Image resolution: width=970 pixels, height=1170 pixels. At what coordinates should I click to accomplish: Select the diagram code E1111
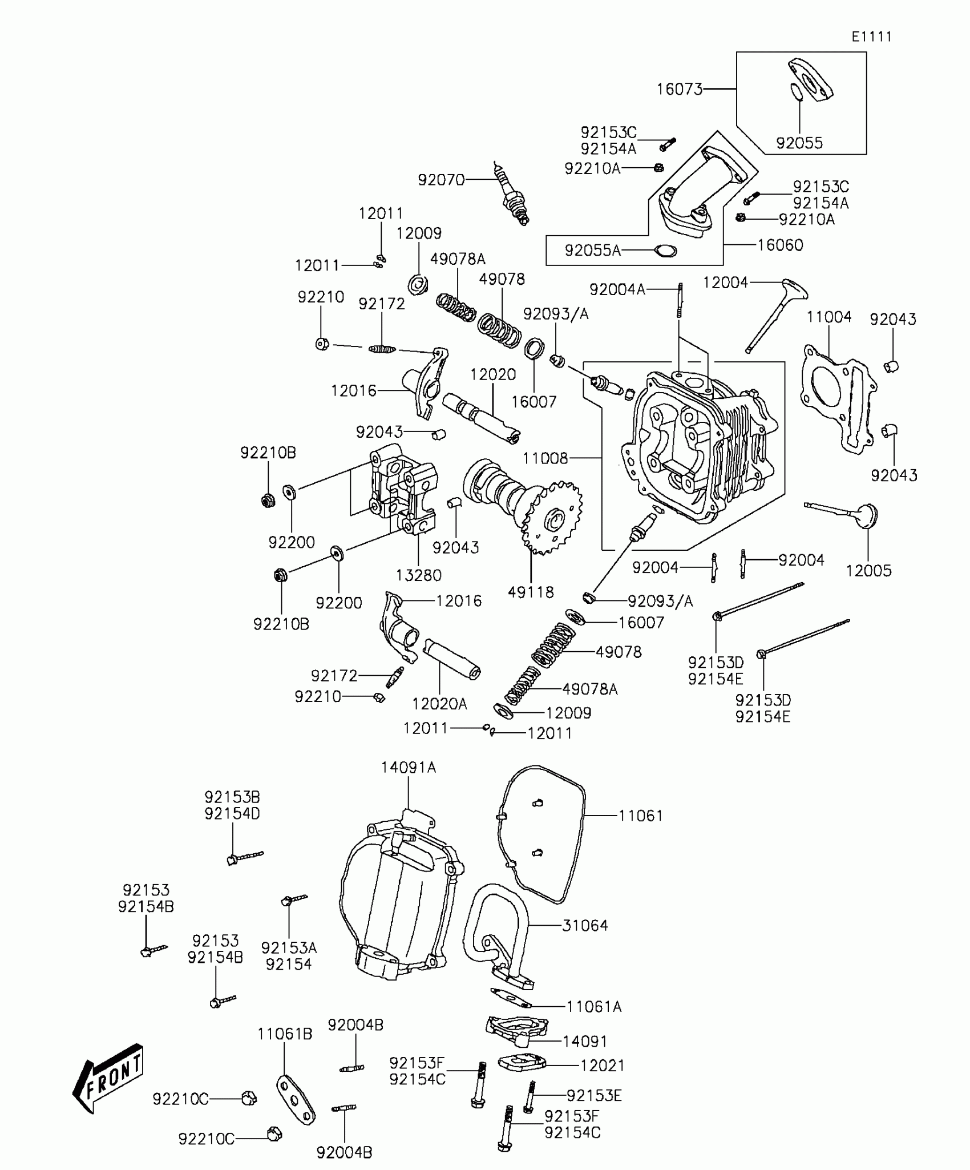[x=871, y=37]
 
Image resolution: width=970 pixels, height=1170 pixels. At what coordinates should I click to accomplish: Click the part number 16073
[x=679, y=89]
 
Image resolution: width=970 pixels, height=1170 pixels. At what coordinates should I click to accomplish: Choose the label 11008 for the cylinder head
[x=545, y=458]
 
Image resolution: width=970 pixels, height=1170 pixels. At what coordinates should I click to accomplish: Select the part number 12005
[x=868, y=570]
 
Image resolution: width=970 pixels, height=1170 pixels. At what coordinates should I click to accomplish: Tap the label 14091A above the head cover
[x=409, y=768]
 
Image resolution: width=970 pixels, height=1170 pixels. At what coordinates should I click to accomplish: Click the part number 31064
[x=585, y=925]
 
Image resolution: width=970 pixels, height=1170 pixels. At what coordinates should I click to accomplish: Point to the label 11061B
[x=285, y=1034]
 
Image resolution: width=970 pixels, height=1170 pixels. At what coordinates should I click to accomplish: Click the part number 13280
[x=419, y=575]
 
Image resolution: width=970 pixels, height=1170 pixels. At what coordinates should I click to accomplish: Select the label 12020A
[x=439, y=704]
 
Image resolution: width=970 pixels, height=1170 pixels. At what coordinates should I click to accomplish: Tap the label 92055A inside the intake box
[x=592, y=250]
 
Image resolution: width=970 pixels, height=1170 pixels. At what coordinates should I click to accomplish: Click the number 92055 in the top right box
[x=799, y=143]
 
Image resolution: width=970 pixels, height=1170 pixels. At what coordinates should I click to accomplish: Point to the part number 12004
[x=725, y=282]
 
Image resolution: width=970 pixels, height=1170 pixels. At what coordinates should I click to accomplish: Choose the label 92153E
[x=594, y=1095]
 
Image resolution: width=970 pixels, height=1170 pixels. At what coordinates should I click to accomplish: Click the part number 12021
[x=603, y=1065]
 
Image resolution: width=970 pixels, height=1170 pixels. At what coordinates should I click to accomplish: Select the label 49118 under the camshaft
[x=531, y=592]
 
